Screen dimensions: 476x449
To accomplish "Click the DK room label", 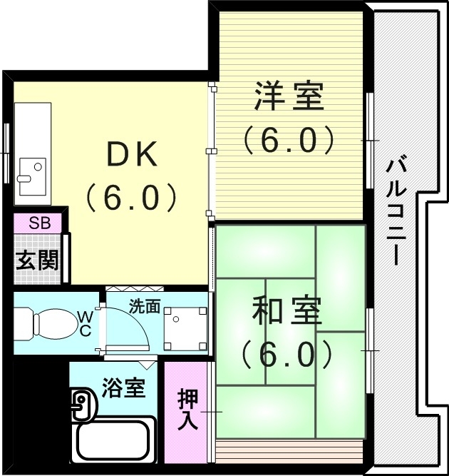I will (x=131, y=156).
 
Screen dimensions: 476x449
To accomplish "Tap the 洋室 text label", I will (x=289, y=97).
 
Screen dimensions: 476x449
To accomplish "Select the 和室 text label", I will (x=287, y=311).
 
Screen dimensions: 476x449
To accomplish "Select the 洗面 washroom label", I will (x=144, y=307).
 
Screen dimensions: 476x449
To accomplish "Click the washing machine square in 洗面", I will (x=185, y=329).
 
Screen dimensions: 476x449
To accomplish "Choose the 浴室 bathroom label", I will (x=123, y=389).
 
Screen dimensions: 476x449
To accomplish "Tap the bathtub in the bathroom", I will (x=116, y=440).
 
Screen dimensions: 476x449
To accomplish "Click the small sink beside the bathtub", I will (x=81, y=407).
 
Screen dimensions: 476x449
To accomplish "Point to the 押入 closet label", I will (x=187, y=410).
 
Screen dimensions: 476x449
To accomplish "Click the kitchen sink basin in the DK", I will (x=31, y=176).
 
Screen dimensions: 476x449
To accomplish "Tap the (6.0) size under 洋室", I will (x=289, y=140).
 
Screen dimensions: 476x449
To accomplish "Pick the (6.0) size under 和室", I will (x=287, y=353).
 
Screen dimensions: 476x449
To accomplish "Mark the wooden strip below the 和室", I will (x=289, y=451).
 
